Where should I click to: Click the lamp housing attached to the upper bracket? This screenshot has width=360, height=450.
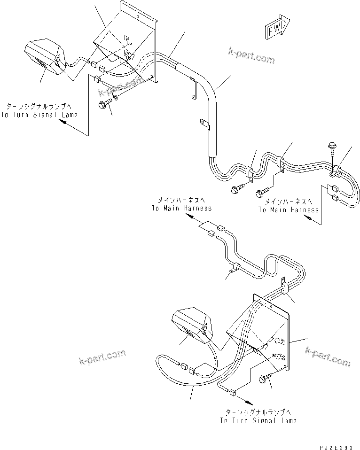click(x=46, y=57)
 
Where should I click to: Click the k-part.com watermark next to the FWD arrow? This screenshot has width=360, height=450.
click(x=251, y=55)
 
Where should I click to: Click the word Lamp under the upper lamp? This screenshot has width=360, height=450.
click(x=67, y=115)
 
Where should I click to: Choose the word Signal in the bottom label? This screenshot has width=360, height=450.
click(x=266, y=420)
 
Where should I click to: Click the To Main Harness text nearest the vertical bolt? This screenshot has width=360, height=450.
click(x=288, y=209)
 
